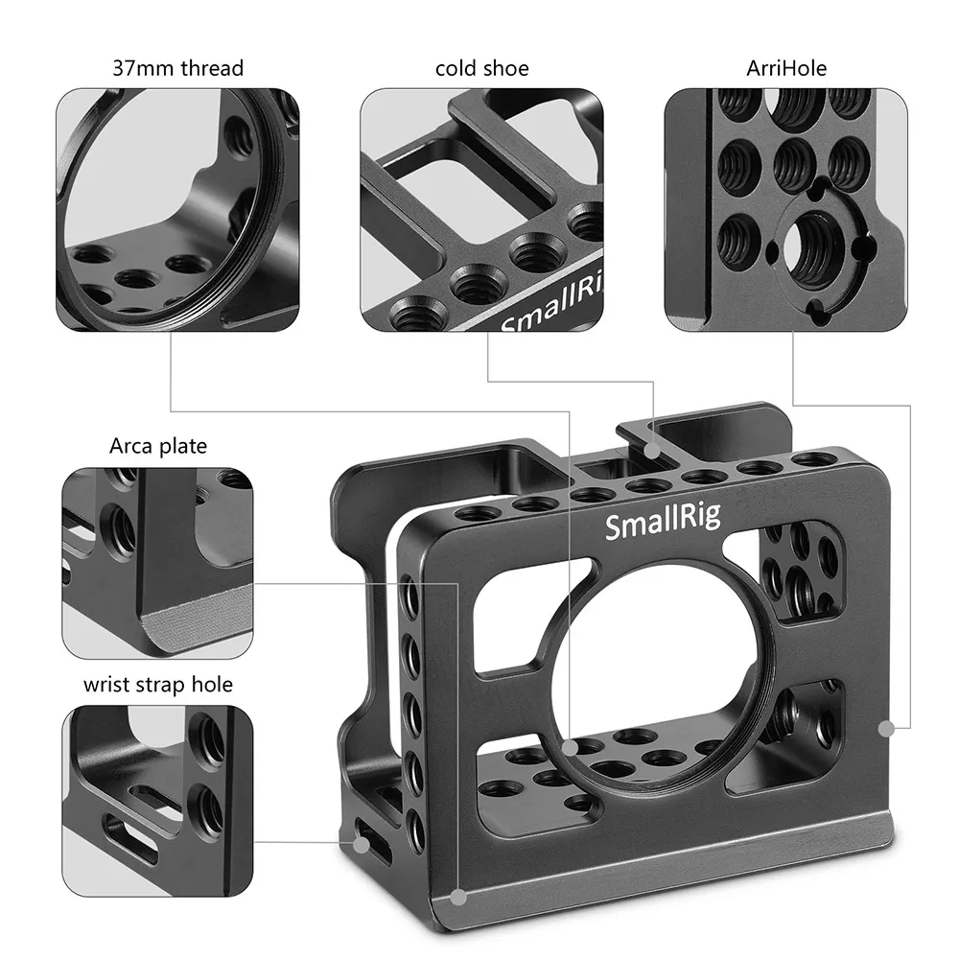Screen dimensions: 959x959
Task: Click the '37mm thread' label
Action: [177, 68]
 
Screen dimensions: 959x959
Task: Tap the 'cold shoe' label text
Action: [481, 68]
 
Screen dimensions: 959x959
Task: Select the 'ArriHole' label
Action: [785, 68]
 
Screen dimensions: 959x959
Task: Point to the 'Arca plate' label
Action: [158, 446]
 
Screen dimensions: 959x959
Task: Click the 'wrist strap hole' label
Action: [158, 685]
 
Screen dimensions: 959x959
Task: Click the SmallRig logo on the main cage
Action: [663, 525]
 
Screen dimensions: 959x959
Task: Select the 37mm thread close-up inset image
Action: [177, 210]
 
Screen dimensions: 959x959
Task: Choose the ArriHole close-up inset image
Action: [786, 210]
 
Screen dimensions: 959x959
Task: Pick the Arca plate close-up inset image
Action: [158, 563]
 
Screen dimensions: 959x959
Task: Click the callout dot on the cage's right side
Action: [886, 729]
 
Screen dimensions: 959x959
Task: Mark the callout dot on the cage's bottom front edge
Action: [459, 898]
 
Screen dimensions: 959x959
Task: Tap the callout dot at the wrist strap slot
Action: [361, 845]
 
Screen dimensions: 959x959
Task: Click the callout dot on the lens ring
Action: [570, 745]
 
